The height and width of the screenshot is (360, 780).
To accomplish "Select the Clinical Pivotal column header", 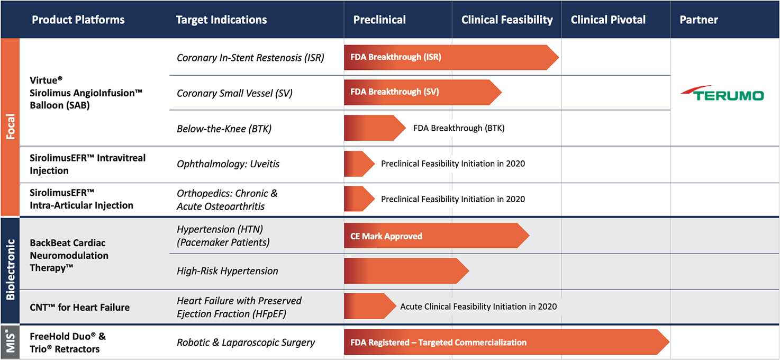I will pos(608,20).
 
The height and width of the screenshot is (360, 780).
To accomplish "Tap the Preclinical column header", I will pos(379,20).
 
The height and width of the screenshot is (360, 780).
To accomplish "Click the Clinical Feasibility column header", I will pos(507,20).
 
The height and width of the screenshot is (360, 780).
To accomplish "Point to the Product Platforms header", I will pos(78,20).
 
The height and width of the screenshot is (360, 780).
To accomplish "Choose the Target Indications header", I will pos(221,20).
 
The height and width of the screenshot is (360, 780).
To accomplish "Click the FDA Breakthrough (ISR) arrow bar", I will pos(450,57).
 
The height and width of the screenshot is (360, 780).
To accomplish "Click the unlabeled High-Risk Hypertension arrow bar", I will pos(405,271).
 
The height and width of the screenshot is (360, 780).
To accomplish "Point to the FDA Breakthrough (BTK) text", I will pos(459,128).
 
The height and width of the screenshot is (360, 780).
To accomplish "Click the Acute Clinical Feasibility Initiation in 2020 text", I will pos(478,307).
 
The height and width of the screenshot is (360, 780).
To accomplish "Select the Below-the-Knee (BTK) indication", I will pos(224,129).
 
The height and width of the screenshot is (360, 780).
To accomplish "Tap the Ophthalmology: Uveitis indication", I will pos(228,164).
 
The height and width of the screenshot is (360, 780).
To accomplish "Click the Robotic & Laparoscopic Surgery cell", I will pos(246,343).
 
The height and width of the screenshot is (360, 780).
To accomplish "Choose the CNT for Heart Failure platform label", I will pos(79,307).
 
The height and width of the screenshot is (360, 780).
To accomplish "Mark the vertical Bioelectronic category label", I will pos(10,270).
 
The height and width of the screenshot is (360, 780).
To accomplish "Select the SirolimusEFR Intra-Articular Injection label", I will pos(81,199).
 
